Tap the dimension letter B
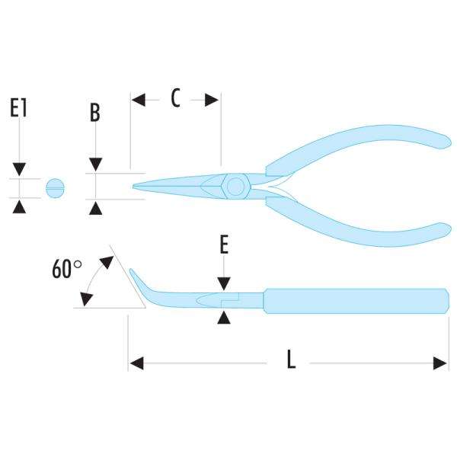95,113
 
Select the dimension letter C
174,98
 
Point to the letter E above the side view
223,244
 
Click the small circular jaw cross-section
56,187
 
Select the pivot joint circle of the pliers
235,187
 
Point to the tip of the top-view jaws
135,187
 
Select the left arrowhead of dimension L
135,363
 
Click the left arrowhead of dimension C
138,99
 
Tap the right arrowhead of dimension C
214,99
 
